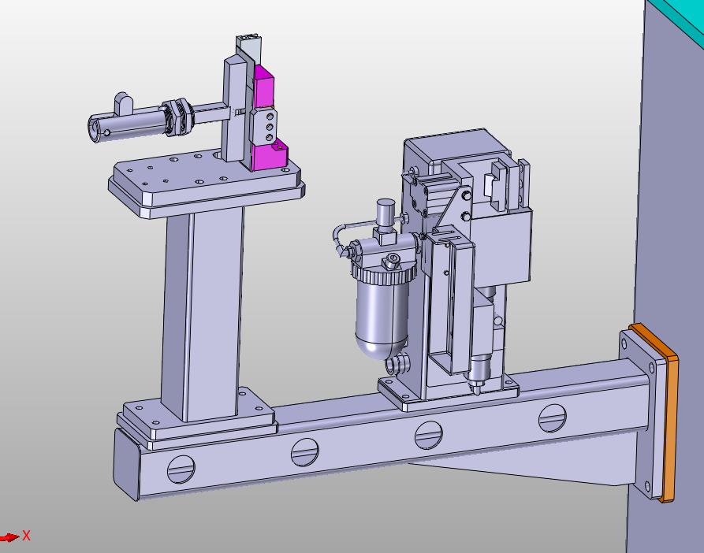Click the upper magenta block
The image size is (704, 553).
click(x=263, y=87)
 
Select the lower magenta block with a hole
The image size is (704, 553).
click(x=268, y=155)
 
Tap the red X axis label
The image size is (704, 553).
click(x=27, y=535)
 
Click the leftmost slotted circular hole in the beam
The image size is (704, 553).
click(x=181, y=469)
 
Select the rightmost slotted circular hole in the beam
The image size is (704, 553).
click(x=553, y=418)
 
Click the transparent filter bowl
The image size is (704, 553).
click(x=382, y=318)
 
